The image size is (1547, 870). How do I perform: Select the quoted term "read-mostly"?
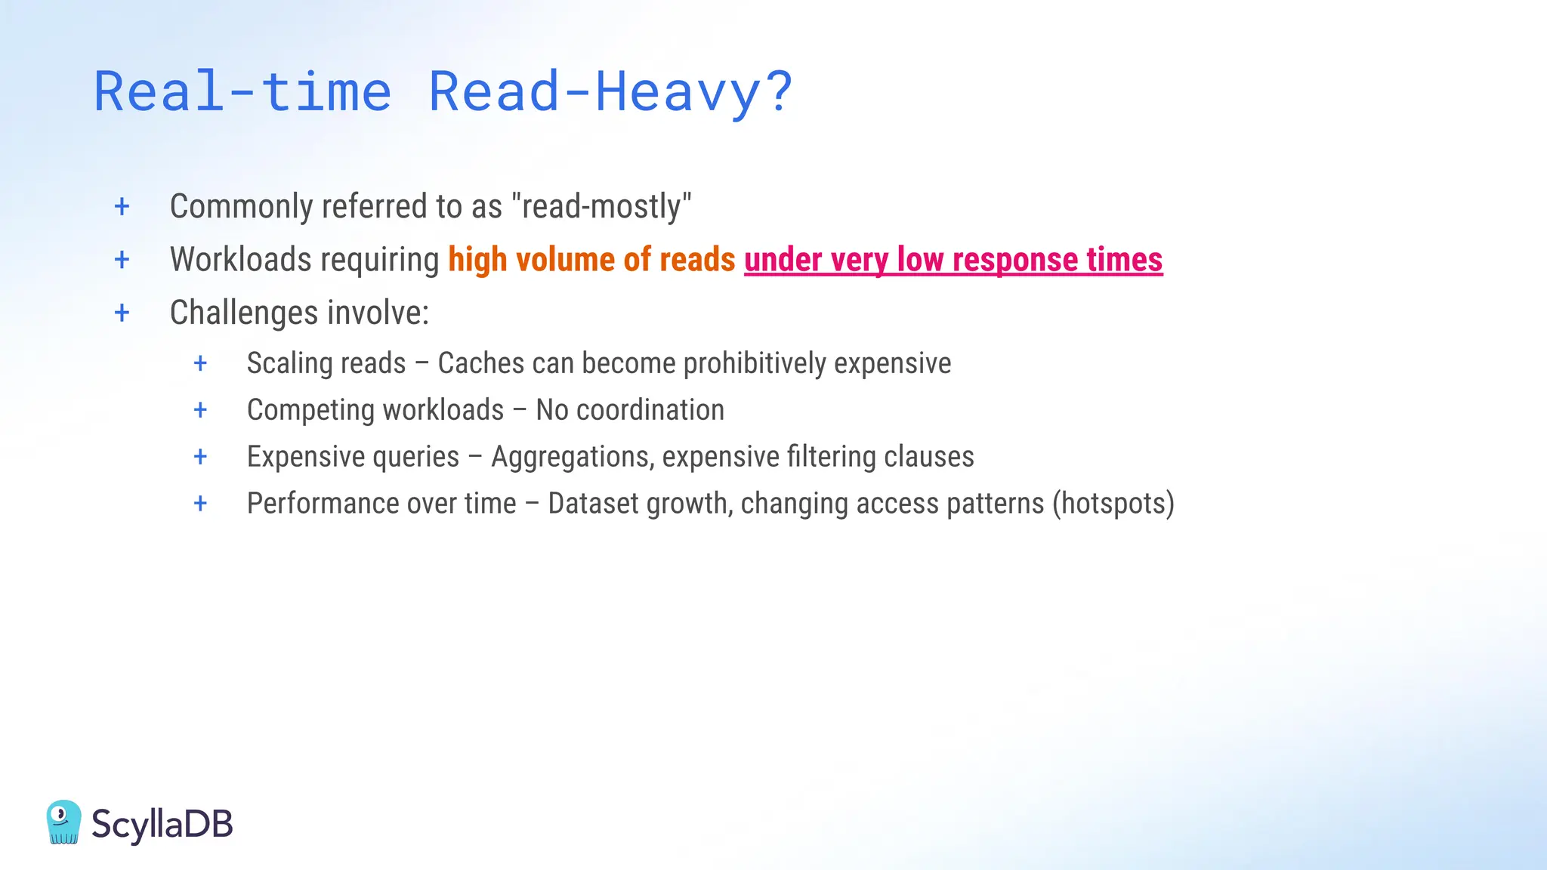(x=601, y=206)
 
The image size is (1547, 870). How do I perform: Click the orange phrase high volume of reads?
(x=591, y=260)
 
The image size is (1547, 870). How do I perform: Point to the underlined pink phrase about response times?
(x=953, y=260)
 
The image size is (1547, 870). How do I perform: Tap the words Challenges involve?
(x=299, y=313)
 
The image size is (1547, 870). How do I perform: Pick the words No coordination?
(x=630, y=410)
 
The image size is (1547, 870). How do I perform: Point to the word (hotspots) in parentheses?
(x=1113, y=504)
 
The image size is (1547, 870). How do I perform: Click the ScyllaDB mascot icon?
(x=63, y=822)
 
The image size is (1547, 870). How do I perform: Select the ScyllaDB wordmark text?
(x=162, y=823)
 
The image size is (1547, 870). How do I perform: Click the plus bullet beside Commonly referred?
(x=122, y=206)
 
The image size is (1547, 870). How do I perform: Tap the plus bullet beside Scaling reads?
(x=200, y=363)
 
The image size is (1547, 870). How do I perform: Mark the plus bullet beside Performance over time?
(x=200, y=504)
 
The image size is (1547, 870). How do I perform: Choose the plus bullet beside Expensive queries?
(x=200, y=457)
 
